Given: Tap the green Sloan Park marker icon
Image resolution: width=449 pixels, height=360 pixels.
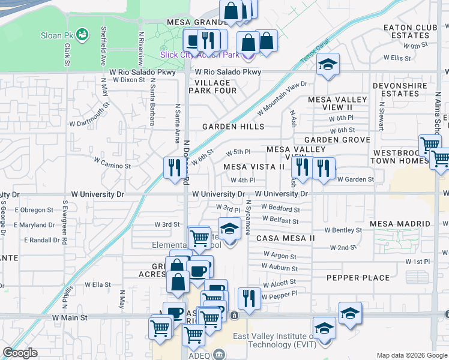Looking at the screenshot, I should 82,34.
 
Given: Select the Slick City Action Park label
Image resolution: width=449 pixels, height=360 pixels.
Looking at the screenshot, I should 199,55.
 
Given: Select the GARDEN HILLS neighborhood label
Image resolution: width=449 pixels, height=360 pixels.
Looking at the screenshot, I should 233,127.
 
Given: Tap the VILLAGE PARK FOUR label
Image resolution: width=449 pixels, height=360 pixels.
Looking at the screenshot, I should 212,86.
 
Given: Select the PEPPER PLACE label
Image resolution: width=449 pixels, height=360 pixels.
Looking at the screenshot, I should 358,278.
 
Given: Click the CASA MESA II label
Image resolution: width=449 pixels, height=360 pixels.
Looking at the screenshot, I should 286,238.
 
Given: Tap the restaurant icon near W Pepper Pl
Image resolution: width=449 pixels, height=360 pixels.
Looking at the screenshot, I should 249,298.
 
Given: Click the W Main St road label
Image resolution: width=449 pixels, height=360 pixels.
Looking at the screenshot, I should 70,317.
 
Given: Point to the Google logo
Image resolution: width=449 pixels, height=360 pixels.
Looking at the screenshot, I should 20,353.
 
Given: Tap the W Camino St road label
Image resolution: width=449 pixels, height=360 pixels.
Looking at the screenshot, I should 112,165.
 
